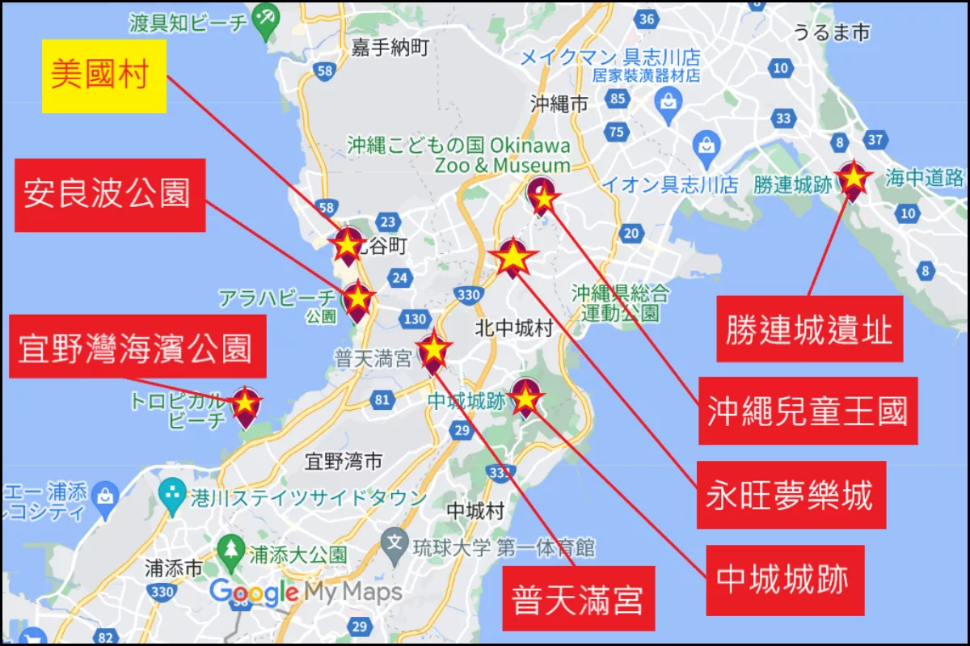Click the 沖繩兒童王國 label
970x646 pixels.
pos(808,412)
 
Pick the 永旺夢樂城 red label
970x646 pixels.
pos(791,495)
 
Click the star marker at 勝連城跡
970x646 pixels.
pos(853,179)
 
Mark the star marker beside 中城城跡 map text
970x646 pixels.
pos(525,397)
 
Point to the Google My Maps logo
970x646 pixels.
pos(306,593)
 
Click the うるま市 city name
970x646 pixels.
pos(831,32)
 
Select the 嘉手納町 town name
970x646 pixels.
pos(390,49)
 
